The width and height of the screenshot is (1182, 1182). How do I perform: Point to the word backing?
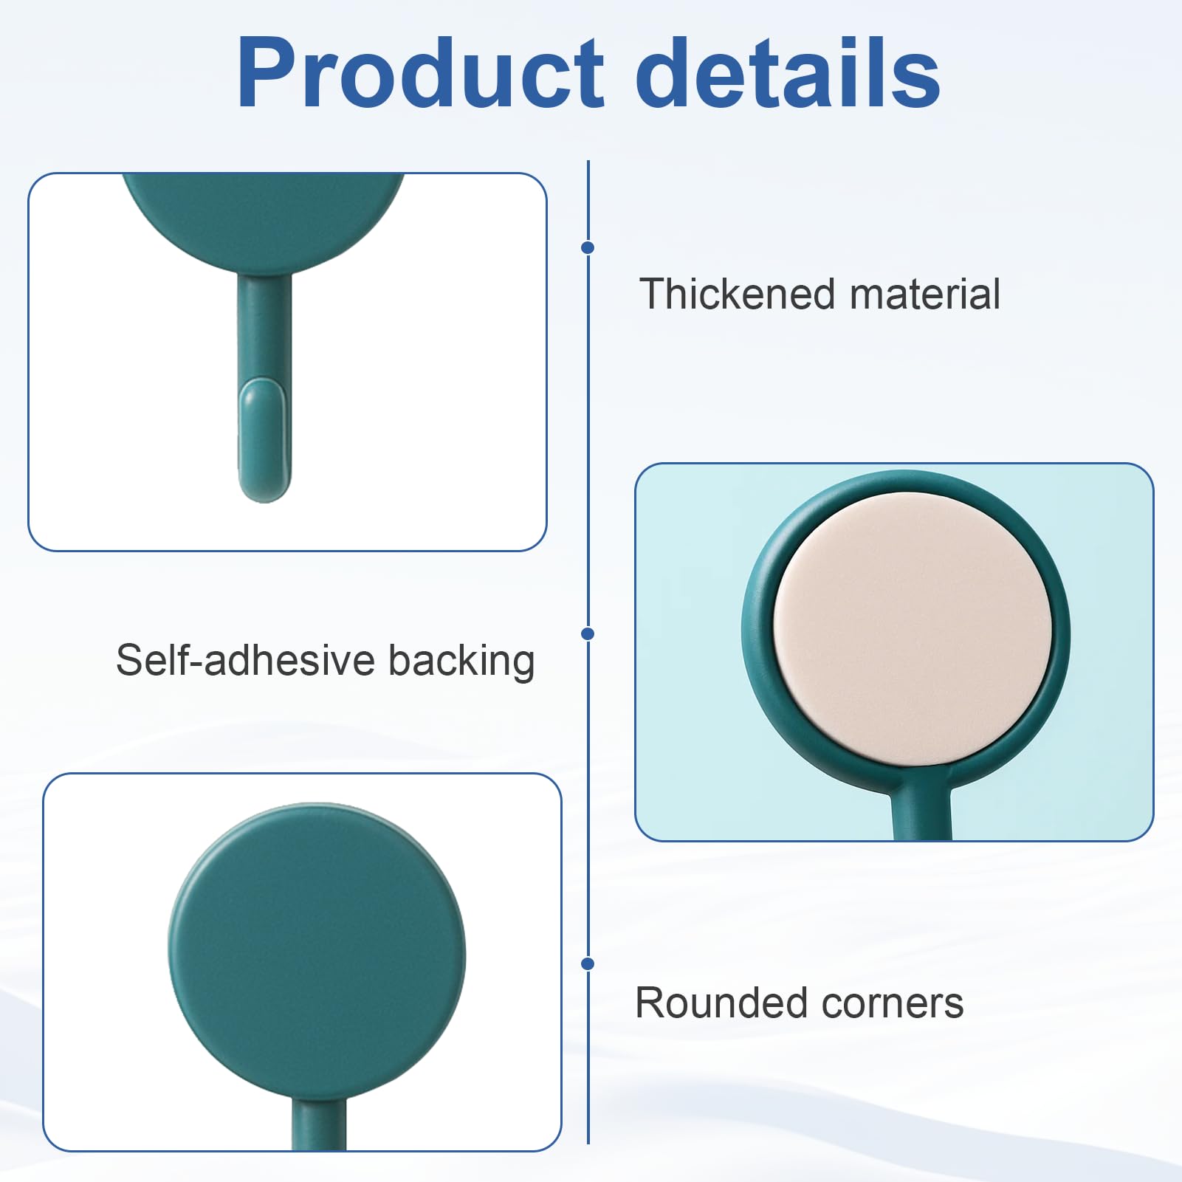click(461, 662)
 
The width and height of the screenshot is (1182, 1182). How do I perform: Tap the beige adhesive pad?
click(913, 629)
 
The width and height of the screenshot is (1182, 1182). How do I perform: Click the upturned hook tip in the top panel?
click(264, 440)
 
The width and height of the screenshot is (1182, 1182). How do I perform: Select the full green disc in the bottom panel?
click(317, 955)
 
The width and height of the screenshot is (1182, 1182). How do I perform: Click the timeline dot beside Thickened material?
click(588, 247)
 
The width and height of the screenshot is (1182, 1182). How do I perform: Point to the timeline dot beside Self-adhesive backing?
click(588, 633)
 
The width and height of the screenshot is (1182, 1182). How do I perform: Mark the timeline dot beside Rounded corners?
click(588, 963)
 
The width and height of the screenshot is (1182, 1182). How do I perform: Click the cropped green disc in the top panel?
click(264, 220)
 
